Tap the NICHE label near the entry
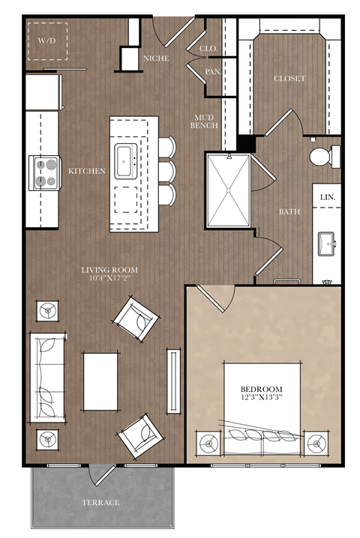[156, 58]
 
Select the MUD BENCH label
[205, 121]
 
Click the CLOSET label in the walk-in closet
[289, 79]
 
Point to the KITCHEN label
[87, 172]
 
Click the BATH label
[289, 212]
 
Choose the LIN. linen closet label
[328, 197]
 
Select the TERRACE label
[100, 502]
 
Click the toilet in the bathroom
[322, 157]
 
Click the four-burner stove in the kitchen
[44, 172]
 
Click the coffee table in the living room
[100, 381]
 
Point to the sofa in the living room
[47, 377]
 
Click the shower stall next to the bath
[228, 189]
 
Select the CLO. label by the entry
[208, 49]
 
